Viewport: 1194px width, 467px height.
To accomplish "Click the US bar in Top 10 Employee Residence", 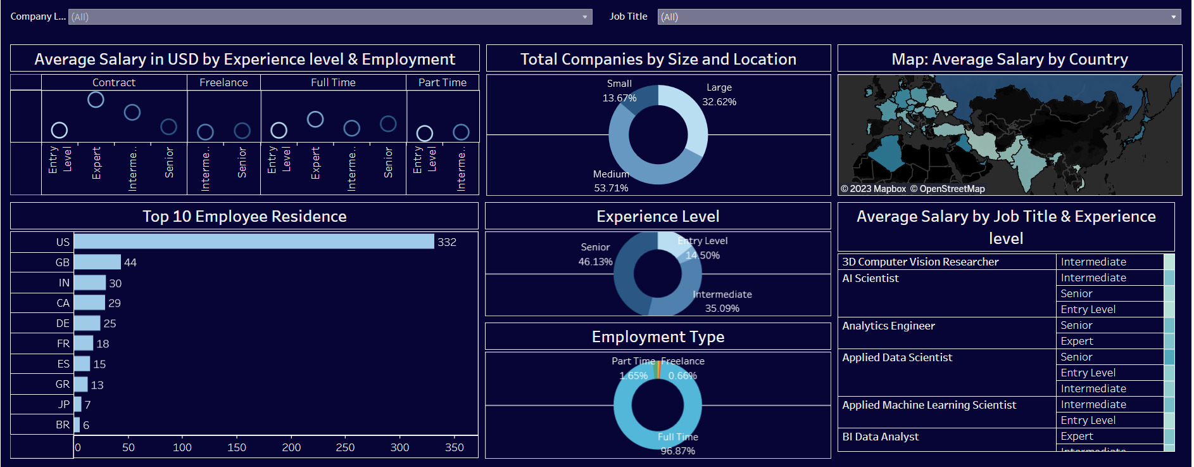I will pyautogui.click(x=254, y=241).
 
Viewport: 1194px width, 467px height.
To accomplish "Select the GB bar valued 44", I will pyautogui.click(x=97, y=262).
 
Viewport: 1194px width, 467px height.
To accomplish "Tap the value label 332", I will pyautogui.click(x=447, y=242).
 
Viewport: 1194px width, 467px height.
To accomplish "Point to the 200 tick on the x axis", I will pyautogui.click(x=291, y=447).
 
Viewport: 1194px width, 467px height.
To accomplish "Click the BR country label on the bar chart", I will pyautogui.click(x=63, y=425).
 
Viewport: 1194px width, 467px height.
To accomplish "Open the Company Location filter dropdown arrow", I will pyautogui.click(x=585, y=17).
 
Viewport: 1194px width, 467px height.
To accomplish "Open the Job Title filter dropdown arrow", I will pyautogui.click(x=1173, y=17).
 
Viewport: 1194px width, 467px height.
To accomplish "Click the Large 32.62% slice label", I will pyautogui.click(x=719, y=94).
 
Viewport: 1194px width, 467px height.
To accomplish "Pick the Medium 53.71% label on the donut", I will pyautogui.click(x=611, y=181).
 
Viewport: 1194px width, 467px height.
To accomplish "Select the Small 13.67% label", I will pyautogui.click(x=619, y=91).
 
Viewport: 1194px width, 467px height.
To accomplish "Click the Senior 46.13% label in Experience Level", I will pyautogui.click(x=595, y=254).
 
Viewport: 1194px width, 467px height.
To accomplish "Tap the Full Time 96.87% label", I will pyautogui.click(x=677, y=444).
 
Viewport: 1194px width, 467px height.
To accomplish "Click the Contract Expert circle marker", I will pyautogui.click(x=96, y=99).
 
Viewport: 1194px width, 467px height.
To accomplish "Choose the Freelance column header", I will pyautogui.click(x=223, y=82).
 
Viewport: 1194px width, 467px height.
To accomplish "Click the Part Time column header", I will pyautogui.click(x=442, y=82).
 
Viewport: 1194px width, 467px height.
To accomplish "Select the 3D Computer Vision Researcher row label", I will pyautogui.click(x=920, y=262).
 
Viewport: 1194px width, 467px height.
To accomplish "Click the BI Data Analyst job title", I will pyautogui.click(x=880, y=437).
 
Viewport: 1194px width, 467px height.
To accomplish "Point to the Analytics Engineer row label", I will pyautogui.click(x=888, y=326).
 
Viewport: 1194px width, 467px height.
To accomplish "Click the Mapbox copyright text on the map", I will pyautogui.click(x=874, y=189).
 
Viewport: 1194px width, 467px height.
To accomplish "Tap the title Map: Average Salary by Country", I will pyautogui.click(x=1009, y=59).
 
